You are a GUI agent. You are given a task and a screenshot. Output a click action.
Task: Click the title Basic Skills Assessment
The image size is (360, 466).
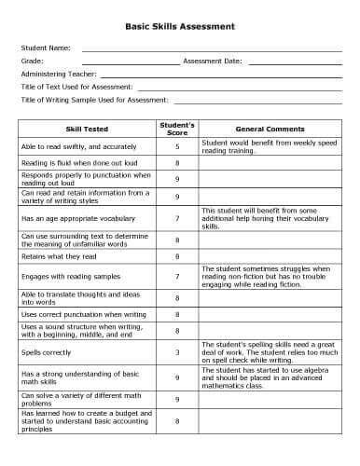180,28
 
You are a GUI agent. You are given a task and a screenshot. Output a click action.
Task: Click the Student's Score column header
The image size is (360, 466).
177,129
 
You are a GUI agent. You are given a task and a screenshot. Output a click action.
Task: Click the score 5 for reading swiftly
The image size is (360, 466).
177,146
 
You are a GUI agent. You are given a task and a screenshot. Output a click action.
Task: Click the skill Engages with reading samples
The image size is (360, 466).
66,277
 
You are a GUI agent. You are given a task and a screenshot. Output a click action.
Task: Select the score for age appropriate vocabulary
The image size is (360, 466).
177,218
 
